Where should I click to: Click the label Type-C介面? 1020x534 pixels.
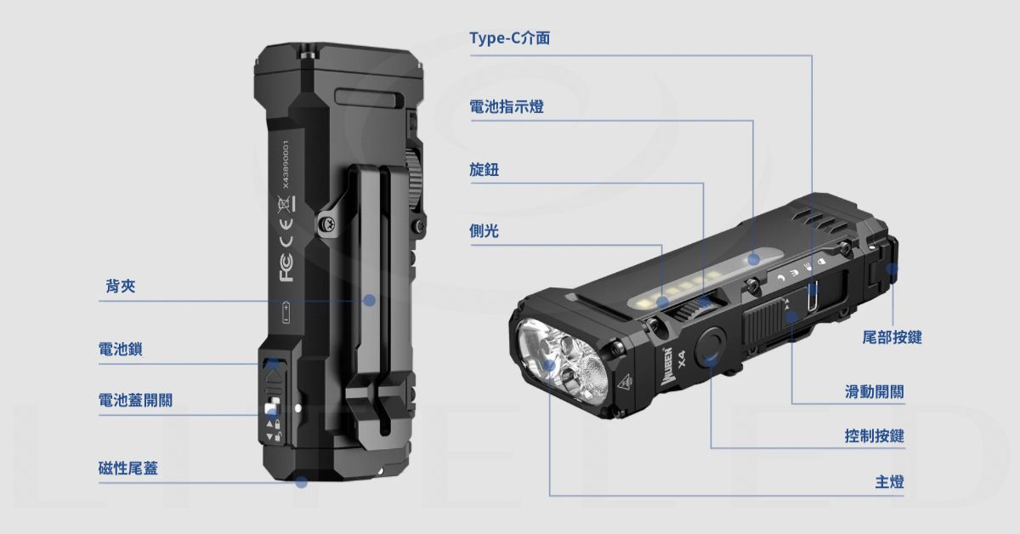tap(509, 37)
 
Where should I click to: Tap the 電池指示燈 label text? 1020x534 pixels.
tap(507, 106)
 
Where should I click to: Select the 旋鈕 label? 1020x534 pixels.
tap(484, 169)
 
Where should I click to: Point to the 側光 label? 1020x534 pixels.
tap(484, 231)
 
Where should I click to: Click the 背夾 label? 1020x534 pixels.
tap(121, 287)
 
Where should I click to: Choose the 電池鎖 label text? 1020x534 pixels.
tap(120, 349)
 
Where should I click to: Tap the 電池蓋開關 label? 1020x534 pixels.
tap(135, 400)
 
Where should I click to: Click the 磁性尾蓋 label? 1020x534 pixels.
tap(128, 469)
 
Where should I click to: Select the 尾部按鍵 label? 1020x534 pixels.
tap(892, 338)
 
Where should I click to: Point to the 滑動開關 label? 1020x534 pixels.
tap(875, 392)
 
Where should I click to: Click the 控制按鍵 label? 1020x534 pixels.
tap(875, 436)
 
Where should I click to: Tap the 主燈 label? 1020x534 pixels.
tap(889, 482)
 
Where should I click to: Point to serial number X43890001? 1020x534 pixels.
tap(286, 164)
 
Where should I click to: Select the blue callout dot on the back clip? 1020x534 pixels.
tap(370, 300)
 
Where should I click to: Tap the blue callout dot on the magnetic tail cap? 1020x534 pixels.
tap(301, 482)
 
